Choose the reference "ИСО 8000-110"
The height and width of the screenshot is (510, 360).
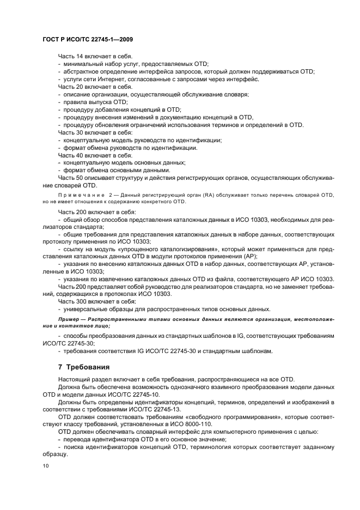tap(214, 423)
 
